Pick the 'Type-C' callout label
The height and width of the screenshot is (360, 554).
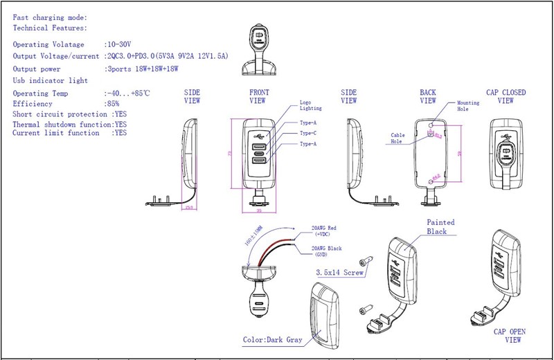click(308, 132)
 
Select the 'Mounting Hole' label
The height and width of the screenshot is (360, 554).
click(468, 106)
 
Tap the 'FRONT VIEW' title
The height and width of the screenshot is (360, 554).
click(258, 96)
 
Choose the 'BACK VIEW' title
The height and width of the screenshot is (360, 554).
click(428, 96)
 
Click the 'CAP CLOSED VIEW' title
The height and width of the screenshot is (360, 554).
click(506, 96)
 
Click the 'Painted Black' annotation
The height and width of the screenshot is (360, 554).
click(441, 226)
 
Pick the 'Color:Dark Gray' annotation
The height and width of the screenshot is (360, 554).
click(272, 341)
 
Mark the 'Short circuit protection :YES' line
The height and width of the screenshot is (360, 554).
click(70, 114)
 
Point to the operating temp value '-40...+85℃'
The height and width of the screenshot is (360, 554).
click(128, 93)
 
